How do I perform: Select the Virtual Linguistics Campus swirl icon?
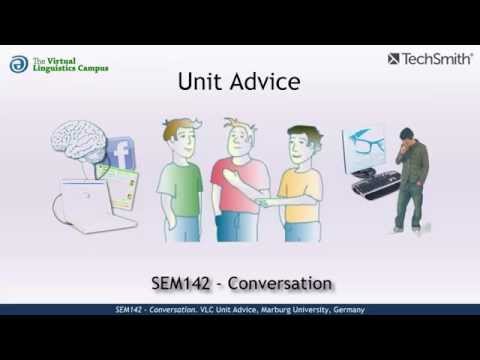point(19,64)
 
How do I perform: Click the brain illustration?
point(79,141)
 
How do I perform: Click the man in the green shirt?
point(180,185)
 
